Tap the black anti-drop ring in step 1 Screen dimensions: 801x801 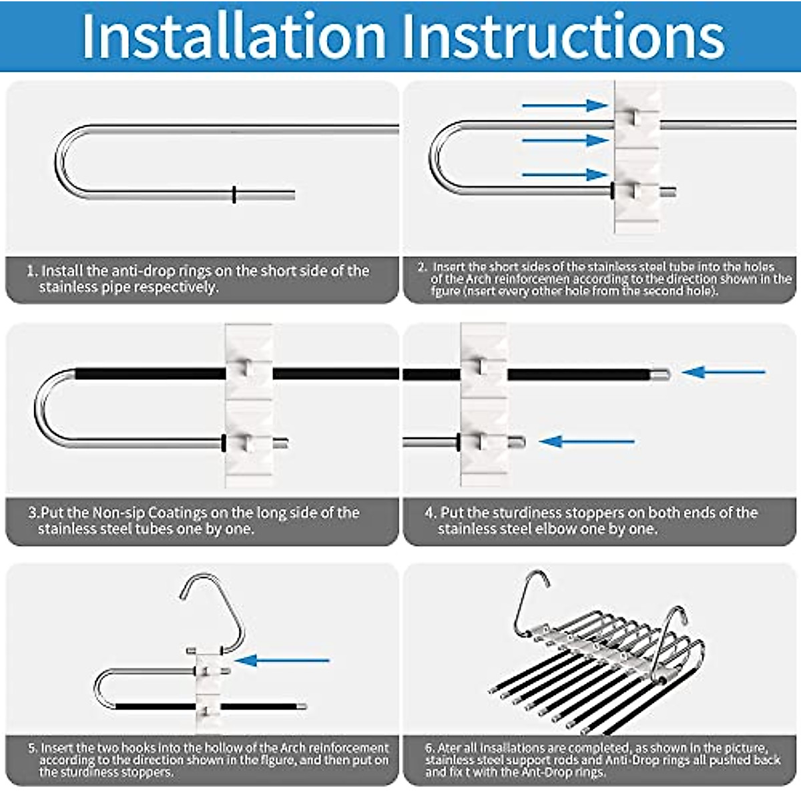[234, 194]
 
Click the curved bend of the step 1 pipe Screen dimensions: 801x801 [63, 160]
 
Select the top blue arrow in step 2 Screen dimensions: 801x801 [564, 105]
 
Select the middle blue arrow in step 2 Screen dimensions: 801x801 [564, 140]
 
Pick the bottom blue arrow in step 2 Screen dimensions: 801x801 [564, 175]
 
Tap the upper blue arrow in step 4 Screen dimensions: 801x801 [724, 372]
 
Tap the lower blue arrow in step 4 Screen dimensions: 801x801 [587, 441]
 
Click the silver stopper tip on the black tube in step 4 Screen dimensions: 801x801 [661, 374]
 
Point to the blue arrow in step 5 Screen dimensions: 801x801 [284, 661]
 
